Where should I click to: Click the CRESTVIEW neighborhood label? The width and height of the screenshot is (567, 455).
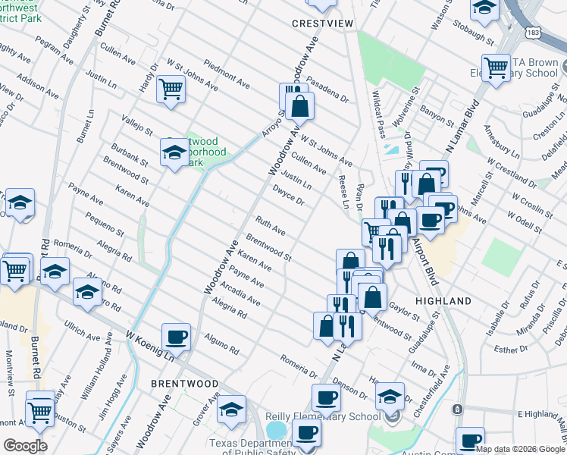(323, 24)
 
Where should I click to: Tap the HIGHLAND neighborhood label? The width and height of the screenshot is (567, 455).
(443, 301)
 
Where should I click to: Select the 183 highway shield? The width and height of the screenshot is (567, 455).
(534, 33)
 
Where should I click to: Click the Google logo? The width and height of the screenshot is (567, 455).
(25, 445)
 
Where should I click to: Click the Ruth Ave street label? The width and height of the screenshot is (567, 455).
(270, 225)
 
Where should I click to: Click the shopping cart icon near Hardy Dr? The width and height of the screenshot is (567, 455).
(171, 89)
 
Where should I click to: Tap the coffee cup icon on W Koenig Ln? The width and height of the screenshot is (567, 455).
(176, 336)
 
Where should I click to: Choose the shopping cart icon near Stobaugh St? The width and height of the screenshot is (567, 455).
(497, 67)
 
